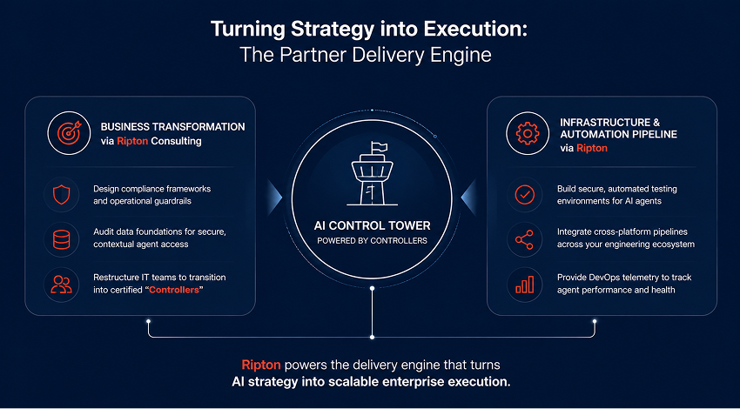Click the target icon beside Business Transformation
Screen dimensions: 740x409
pyautogui.click(x=70, y=133)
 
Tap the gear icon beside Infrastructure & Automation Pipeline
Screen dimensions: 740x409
pyautogui.click(x=528, y=133)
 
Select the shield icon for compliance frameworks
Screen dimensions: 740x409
pyautogui.click(x=61, y=194)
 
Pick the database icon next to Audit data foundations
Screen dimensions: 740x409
pyautogui.click(x=61, y=239)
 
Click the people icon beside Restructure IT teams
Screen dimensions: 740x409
pyautogui.click(x=61, y=284)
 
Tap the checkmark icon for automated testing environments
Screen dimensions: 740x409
pyautogui.click(x=524, y=194)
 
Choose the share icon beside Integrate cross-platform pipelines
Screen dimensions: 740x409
pyautogui.click(x=524, y=239)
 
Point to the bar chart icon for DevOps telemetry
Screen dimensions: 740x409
pyautogui.click(x=524, y=285)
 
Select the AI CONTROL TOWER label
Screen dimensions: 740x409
pyautogui.click(x=373, y=225)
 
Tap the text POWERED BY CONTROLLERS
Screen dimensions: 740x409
pyautogui.click(x=373, y=240)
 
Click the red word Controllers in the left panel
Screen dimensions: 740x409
pyautogui.click(x=173, y=289)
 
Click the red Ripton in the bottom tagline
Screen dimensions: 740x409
pyautogui.click(x=261, y=365)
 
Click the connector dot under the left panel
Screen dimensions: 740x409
pyautogui.click(x=148, y=321)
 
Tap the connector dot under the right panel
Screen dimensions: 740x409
pyautogui.click(x=595, y=321)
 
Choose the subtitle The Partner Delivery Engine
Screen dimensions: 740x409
pyautogui.click(x=366, y=55)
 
